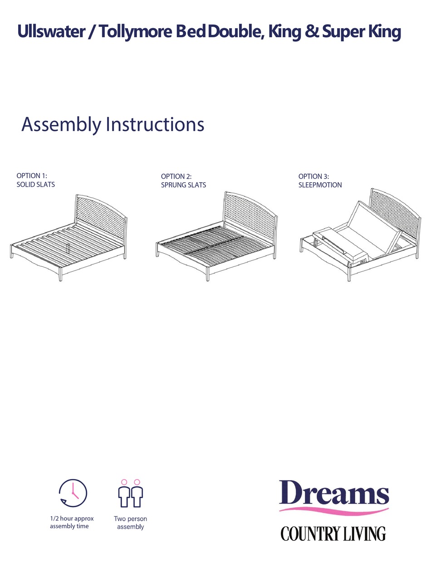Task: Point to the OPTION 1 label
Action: tap(32, 175)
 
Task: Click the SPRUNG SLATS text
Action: tap(183, 185)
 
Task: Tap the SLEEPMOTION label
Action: tap(320, 185)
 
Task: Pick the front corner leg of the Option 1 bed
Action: tap(60, 275)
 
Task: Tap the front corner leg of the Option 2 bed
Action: tap(207, 274)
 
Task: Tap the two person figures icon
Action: tap(131, 494)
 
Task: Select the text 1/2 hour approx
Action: tap(72, 519)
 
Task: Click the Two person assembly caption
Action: tap(131, 523)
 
